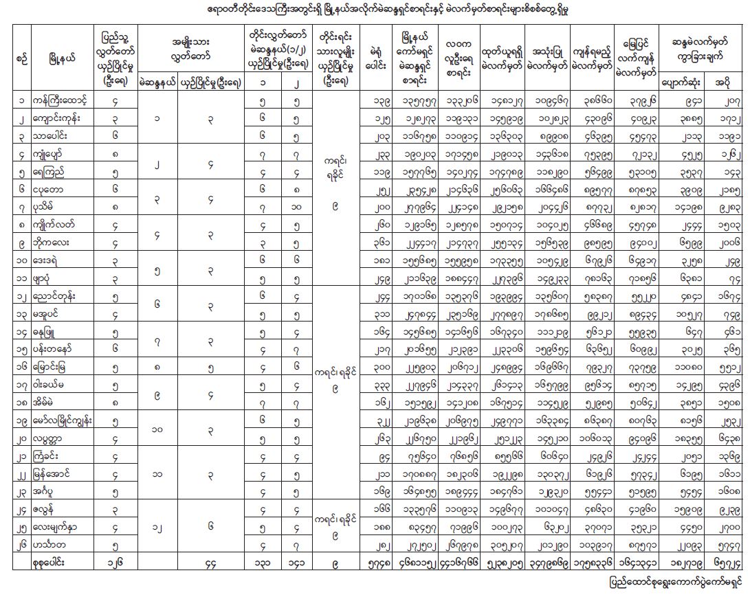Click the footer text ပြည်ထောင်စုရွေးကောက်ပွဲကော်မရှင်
click(676, 583)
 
